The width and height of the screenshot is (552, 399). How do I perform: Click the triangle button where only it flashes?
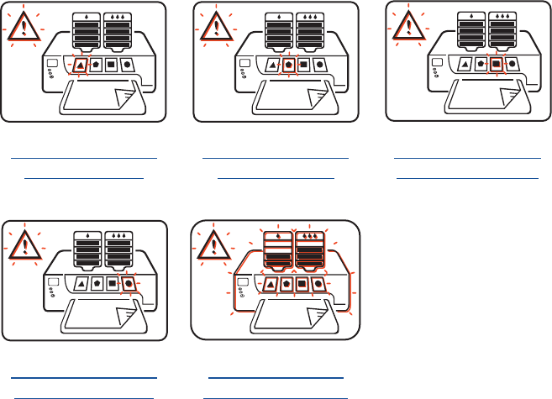coord(80,64)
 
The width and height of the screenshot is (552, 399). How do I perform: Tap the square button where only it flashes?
coord(497,64)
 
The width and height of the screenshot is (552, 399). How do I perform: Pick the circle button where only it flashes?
coord(129,283)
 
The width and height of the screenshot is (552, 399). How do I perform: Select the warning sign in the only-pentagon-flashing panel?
coord(216,29)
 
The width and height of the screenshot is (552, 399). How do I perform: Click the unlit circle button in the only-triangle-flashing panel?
coord(129,64)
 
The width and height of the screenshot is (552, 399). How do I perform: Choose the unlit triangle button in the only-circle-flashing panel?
coord(80,283)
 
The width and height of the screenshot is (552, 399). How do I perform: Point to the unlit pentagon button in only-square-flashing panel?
coord(480,64)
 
